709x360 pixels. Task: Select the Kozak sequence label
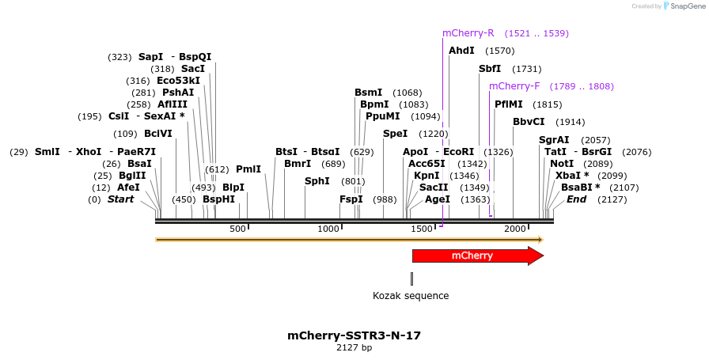(411, 296)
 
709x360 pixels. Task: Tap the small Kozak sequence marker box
(411, 279)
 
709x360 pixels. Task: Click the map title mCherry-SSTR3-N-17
(354, 335)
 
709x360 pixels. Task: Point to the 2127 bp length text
(354, 348)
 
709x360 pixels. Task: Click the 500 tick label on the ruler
(237, 229)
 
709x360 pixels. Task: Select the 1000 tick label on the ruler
(328, 229)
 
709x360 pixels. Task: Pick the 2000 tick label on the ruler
(515, 229)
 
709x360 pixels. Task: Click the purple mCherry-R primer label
(468, 33)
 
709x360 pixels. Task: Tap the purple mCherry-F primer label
(514, 86)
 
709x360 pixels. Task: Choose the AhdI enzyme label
(461, 51)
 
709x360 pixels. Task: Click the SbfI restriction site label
(490, 69)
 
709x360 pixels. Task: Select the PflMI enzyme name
(509, 104)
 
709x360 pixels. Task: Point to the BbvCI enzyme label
(529, 122)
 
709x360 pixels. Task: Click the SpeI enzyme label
(395, 134)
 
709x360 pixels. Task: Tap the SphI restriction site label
(317, 181)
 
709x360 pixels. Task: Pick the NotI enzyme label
(562, 164)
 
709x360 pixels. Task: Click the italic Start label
(120, 199)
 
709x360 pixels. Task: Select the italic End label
(576, 199)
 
